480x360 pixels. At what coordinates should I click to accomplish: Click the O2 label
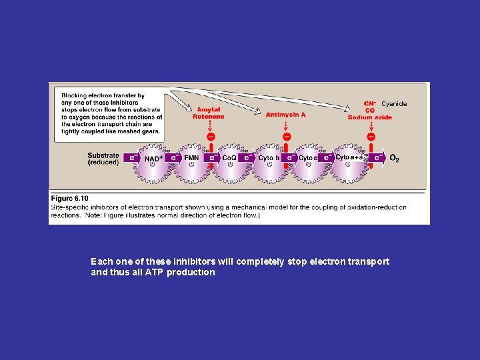394,159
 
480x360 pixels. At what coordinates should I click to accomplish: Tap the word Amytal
208,110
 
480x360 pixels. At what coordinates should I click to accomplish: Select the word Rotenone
208,117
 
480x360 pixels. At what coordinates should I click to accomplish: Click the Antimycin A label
285,115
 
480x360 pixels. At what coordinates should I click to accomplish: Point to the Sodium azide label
369,117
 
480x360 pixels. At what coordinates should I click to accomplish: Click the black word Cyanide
393,104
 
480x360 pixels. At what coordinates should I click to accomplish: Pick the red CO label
369,111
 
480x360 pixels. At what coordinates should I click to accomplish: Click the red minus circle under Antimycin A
286,137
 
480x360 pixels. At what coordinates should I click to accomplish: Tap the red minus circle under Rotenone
210,137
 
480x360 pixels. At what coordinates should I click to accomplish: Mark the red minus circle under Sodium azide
371,137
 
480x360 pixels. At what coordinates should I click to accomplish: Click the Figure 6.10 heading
69,198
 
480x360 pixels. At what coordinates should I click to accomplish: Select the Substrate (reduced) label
103,159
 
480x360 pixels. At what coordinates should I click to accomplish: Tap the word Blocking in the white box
75,96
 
